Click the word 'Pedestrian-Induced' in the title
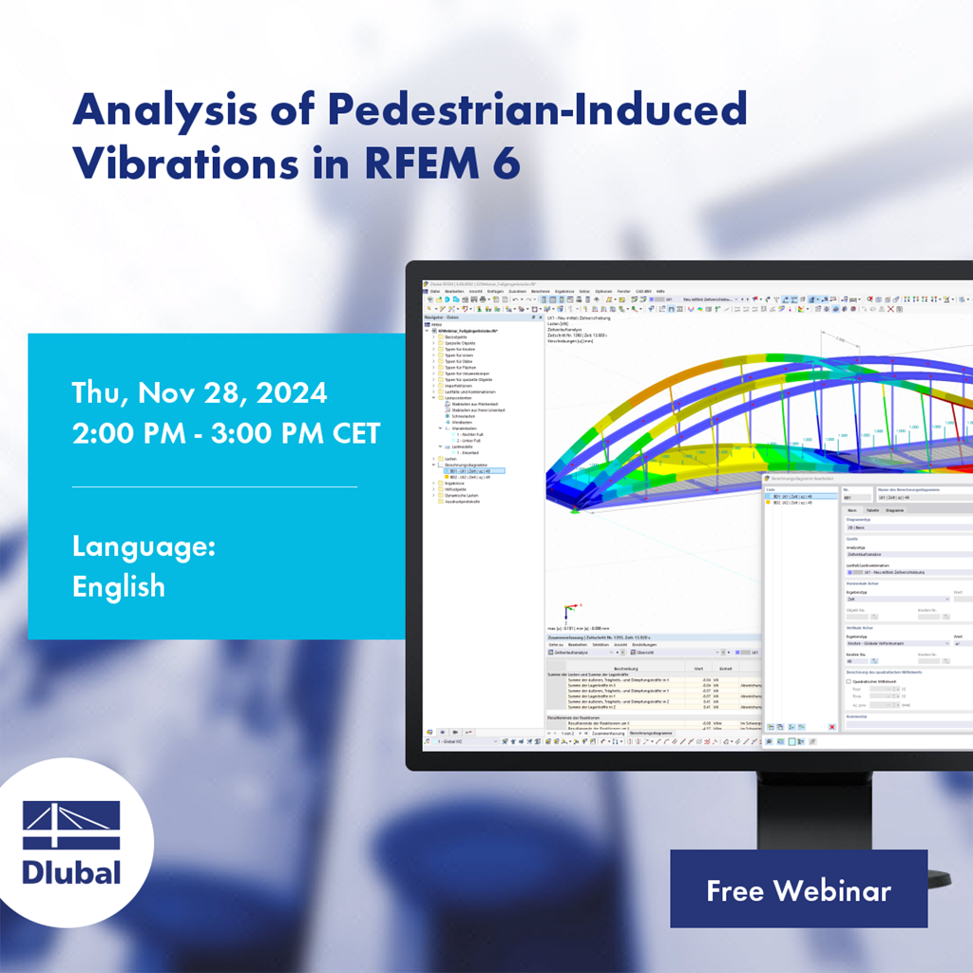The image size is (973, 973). point(538,111)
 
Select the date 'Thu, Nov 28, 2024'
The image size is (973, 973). point(200,391)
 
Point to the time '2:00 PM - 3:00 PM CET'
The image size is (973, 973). point(226,433)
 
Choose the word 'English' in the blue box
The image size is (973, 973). point(119,586)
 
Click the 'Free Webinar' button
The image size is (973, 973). point(798,889)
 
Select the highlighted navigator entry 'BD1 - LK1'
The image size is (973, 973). point(470,470)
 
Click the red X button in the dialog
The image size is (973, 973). point(832,727)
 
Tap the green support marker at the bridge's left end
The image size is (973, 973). point(574,510)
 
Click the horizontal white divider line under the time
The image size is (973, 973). point(215,486)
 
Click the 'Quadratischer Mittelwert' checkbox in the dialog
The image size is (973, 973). point(849,681)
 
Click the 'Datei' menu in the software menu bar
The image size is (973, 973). point(434,291)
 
